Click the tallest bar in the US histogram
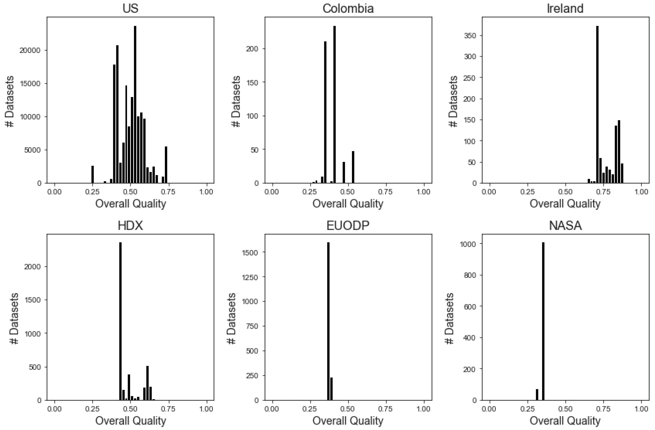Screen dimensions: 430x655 pyautogui.click(x=135, y=105)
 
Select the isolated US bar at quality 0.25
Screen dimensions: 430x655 pyautogui.click(x=93, y=174)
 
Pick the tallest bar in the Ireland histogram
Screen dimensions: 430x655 pyautogui.click(x=597, y=105)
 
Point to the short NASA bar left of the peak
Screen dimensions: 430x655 pyautogui.click(x=537, y=395)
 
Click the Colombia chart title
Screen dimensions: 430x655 pyautogui.click(x=348, y=8)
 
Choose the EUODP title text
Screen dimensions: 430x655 pyautogui.click(x=348, y=225)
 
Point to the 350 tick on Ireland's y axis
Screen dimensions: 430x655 pyautogui.click(x=470, y=36)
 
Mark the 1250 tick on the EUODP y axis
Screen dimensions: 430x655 pyautogui.click(x=250, y=277)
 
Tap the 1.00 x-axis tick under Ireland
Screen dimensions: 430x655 pyautogui.click(x=641, y=192)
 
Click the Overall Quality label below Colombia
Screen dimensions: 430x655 pyautogui.click(x=348, y=204)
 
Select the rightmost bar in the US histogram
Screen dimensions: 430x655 pyautogui.click(x=166, y=165)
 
